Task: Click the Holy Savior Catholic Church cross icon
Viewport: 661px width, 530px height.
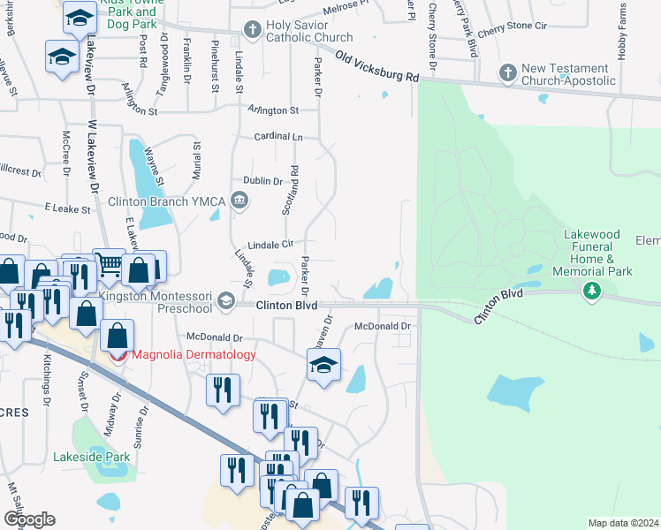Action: tap(252, 31)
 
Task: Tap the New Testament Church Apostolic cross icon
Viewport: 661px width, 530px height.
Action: tap(508, 71)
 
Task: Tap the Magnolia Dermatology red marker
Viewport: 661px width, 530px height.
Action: tap(119, 355)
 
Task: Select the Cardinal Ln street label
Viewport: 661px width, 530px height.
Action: tap(278, 138)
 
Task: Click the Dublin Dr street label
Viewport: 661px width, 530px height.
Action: tap(262, 181)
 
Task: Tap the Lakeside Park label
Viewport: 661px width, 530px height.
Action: tap(91, 457)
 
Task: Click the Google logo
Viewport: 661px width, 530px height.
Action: tap(29, 519)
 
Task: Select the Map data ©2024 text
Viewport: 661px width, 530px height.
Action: tap(622, 523)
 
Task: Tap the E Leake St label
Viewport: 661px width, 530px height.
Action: tap(68, 209)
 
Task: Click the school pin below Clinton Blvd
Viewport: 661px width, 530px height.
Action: tap(324, 365)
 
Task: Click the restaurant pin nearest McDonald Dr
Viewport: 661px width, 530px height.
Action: tap(222, 390)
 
